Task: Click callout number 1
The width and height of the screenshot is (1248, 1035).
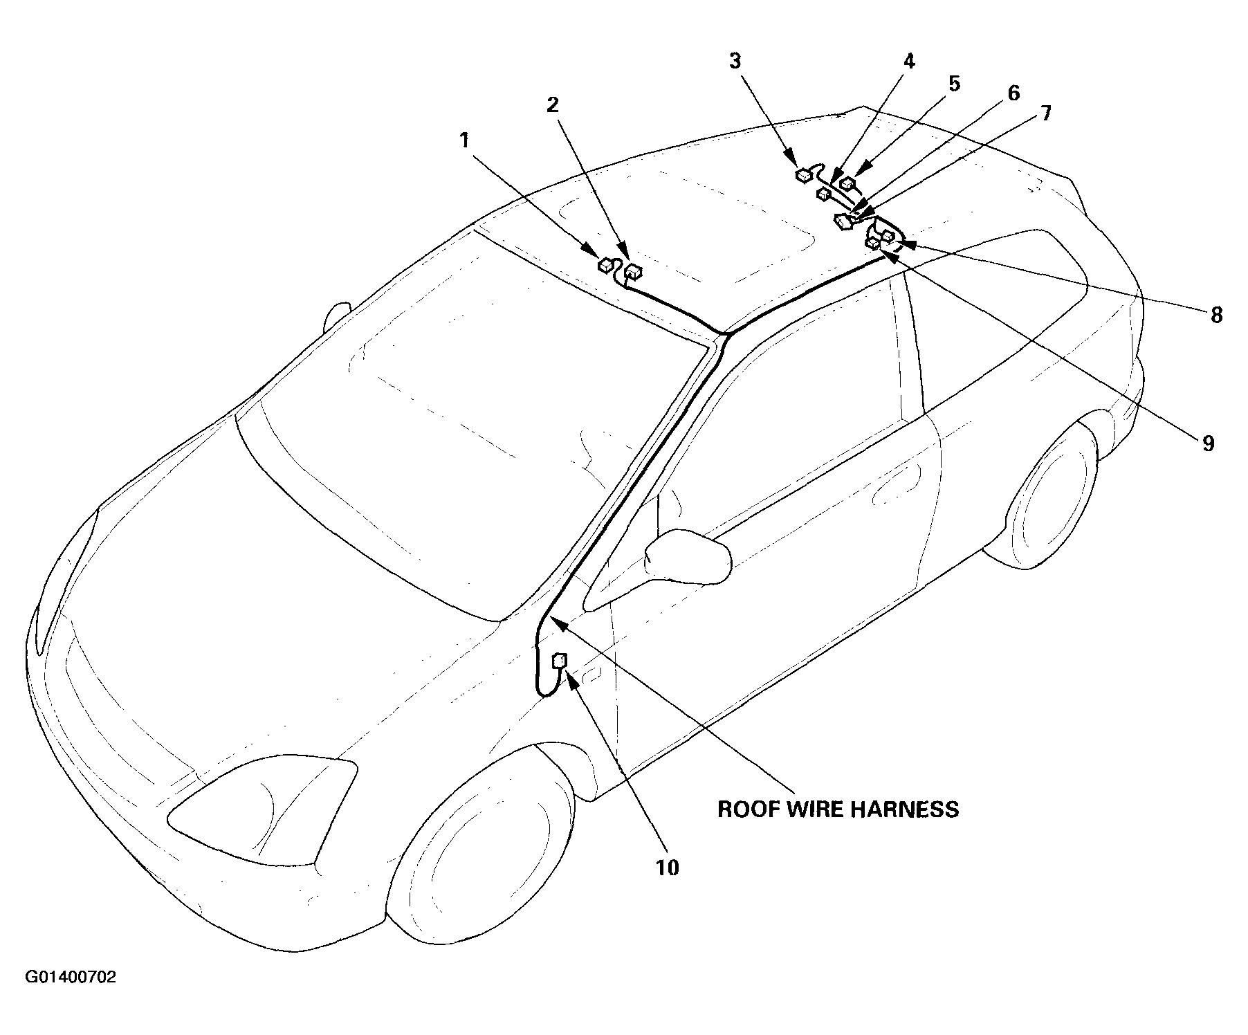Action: (464, 141)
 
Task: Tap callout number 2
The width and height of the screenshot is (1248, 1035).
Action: (552, 105)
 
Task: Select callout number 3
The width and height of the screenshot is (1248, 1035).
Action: (735, 61)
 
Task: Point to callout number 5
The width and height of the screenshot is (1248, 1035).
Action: (954, 84)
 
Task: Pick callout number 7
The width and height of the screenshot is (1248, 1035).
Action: (1045, 113)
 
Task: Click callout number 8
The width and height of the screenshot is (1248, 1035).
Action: (1216, 315)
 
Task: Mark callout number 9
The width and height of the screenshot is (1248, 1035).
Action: (1208, 443)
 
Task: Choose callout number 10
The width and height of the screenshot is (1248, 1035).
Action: (668, 867)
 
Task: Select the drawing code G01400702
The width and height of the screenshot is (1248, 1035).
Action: (71, 978)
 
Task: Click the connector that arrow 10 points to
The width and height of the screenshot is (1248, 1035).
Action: (560, 661)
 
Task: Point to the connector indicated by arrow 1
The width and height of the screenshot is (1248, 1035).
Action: (606, 264)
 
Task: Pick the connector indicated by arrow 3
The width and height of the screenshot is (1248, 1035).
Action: (804, 174)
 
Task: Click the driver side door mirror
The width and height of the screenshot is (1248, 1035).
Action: (688, 556)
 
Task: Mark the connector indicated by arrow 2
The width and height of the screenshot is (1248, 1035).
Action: (632, 273)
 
